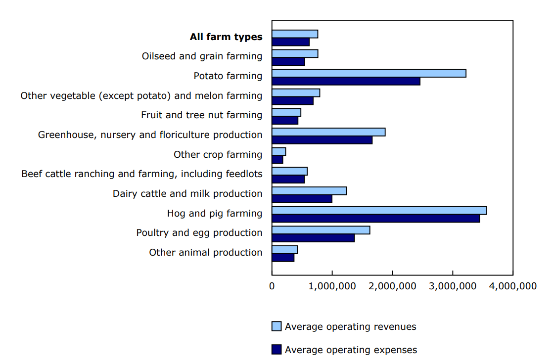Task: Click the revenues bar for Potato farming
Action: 369,73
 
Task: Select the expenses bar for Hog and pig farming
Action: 375,219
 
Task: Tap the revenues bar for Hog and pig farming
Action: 379,211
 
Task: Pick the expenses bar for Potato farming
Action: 346,81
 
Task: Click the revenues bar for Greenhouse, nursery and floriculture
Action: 328,132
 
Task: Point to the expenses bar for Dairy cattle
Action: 302,199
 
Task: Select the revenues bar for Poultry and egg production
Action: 321,230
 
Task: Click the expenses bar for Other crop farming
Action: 277,160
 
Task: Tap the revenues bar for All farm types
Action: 295,34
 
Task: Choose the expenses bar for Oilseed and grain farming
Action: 288,62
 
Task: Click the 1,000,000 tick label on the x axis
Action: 332,286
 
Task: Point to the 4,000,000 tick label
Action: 512,286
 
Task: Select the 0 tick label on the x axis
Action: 272,286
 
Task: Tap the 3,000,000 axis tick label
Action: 452,286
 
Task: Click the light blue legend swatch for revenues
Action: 277,326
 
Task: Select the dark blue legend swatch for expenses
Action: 277,350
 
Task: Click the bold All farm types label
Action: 226,37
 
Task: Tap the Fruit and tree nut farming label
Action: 201,115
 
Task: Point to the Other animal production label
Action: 206,253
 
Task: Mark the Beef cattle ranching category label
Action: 142,174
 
